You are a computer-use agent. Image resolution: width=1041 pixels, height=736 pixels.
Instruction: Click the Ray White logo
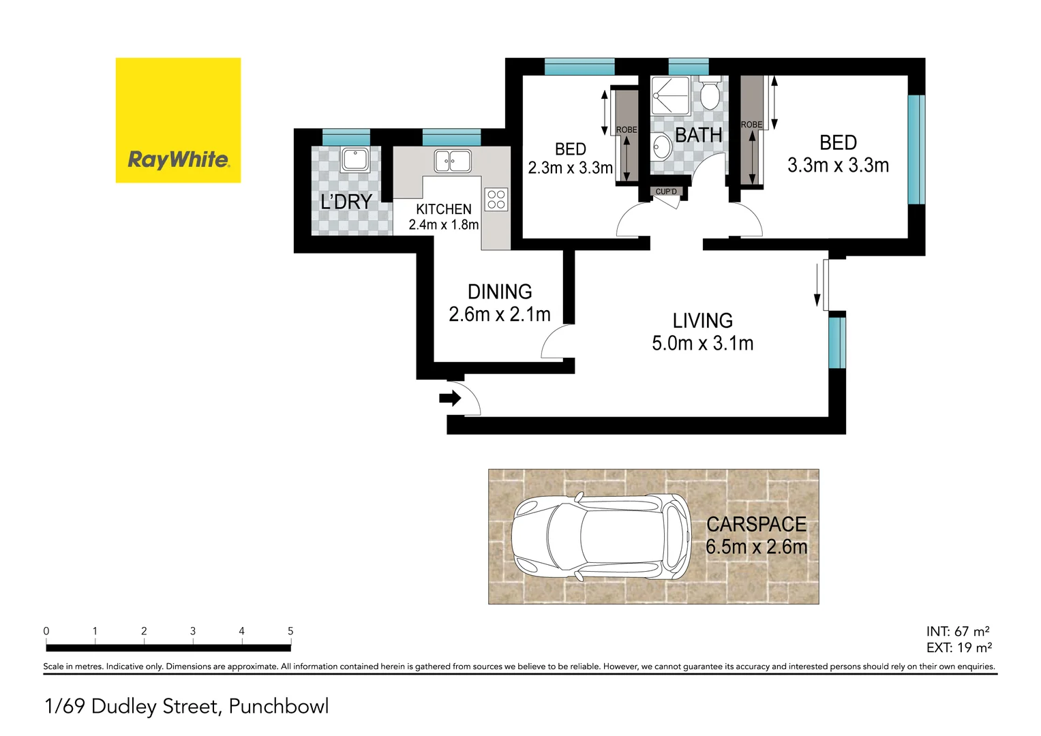coord(178,121)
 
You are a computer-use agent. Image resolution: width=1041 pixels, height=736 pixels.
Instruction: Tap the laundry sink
coord(354,160)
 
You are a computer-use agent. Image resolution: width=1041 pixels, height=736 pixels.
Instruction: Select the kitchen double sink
coord(453,162)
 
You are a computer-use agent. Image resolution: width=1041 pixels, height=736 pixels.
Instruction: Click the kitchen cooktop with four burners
coord(496,199)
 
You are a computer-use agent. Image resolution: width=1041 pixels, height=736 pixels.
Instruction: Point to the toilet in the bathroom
coord(710,95)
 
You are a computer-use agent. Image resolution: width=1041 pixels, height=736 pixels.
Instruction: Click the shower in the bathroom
coord(669,95)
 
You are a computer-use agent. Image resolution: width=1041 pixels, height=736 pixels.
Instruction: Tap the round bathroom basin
coord(661,145)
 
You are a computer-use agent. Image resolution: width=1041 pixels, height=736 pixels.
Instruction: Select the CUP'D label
coord(666,191)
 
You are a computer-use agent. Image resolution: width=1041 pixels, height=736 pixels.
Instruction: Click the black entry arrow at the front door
coord(450,398)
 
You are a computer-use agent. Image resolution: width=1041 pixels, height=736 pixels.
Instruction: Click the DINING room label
coord(500,292)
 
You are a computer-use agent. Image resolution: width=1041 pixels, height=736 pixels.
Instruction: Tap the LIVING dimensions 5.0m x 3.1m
coord(702,343)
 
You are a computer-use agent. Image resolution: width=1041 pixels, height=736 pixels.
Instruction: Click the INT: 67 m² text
coord(957,632)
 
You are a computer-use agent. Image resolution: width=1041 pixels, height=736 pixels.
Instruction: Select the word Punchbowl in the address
coord(279,707)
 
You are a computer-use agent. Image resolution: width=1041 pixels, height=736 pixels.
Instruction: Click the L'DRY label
coord(346,202)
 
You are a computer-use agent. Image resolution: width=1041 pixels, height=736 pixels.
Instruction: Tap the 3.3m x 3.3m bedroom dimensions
coord(838,166)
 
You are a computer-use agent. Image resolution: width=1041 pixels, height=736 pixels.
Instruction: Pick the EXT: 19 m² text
coord(959,648)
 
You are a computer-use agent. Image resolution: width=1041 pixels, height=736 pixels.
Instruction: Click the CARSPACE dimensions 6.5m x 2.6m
coord(756,547)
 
